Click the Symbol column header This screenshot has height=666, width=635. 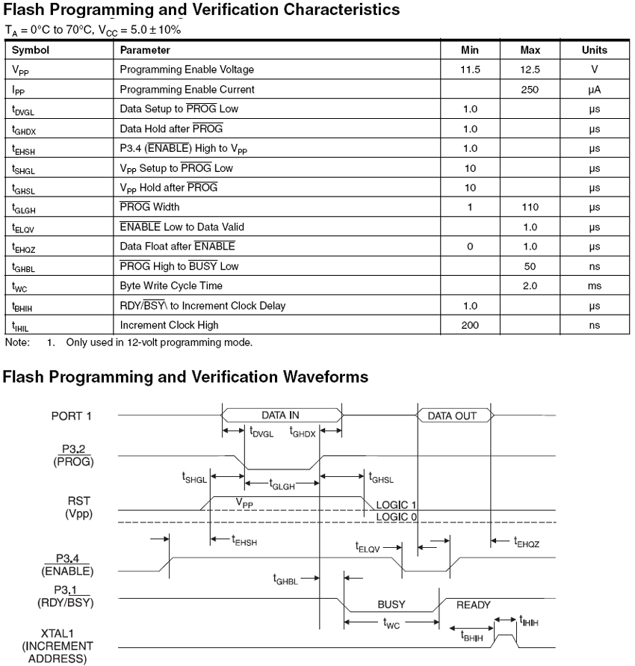31,50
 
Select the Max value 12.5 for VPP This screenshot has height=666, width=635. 530,70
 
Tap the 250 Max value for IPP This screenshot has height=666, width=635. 530,89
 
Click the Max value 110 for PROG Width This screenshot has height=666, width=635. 530,207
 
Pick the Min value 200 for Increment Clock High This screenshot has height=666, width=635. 470,325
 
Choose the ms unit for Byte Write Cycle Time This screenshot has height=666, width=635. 594,286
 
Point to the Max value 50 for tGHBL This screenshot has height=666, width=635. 530,266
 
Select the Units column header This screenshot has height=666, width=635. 594,50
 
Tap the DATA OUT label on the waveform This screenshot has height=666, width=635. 452,416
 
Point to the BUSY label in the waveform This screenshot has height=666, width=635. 391,605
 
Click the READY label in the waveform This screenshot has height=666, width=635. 474,605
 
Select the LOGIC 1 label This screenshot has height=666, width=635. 396,505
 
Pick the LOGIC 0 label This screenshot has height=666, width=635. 396,517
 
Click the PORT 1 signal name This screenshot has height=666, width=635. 71,415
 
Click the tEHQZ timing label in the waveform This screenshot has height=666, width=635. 527,543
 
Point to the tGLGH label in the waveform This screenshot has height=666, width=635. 281,484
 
